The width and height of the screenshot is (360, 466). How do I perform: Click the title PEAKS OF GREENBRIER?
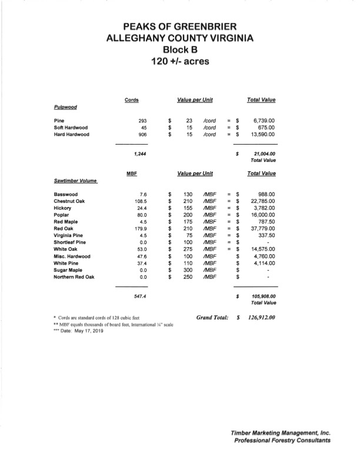pyautogui.click(x=179, y=27)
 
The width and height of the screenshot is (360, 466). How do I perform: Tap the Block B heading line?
pyautogui.click(x=179, y=50)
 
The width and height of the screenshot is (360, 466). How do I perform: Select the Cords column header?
pyautogui.click(x=132, y=100)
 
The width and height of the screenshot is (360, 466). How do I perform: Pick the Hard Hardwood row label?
pyautogui.click(x=71, y=134)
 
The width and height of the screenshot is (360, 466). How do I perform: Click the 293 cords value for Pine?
pyautogui.click(x=141, y=120)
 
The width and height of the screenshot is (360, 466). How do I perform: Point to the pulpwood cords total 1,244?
pyautogui.click(x=139, y=154)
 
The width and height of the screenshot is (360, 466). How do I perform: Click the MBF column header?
pyautogui.click(x=132, y=174)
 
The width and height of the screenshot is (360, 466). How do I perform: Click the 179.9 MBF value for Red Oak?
pyautogui.click(x=139, y=228)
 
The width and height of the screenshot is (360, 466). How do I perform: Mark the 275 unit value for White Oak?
pyautogui.click(x=188, y=249)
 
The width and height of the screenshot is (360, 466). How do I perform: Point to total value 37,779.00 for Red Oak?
pyautogui.click(x=262, y=228)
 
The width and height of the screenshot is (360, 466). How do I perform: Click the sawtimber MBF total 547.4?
pyautogui.click(x=139, y=297)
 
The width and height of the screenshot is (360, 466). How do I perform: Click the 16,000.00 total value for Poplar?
pyautogui.click(x=262, y=214)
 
